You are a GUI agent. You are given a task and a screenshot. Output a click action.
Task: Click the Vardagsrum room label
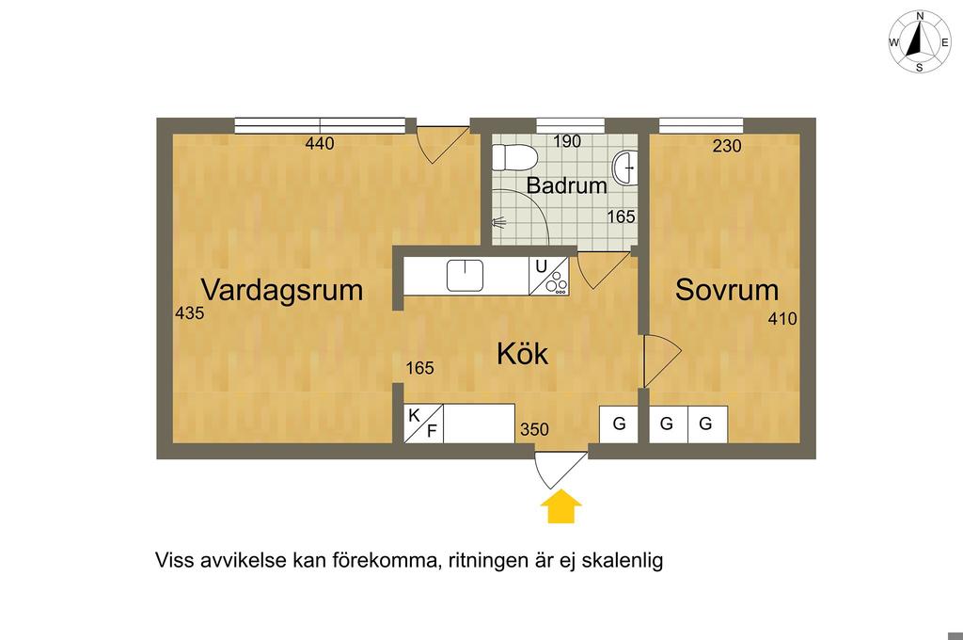pos(282,290)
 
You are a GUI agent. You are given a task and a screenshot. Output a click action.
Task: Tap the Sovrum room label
pos(727,290)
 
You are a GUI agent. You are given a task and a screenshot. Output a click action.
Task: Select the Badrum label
pos(566,185)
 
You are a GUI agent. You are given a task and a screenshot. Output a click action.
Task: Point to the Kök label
pos(522,354)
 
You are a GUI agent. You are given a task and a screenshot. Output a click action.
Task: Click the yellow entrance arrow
pos(560,506)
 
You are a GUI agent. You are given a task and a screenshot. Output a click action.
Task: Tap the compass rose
pos(920,41)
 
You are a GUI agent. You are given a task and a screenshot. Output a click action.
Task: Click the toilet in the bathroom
pos(514,157)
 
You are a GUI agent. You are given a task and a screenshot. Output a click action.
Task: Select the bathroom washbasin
pos(625,167)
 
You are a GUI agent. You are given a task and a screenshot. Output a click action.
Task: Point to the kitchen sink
pos(465,275)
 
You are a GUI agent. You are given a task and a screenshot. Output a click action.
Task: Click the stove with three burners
pos(548,276)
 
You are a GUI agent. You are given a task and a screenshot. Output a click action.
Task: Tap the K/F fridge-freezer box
pos(423,423)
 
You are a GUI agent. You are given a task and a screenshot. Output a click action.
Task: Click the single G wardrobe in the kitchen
pos(619,424)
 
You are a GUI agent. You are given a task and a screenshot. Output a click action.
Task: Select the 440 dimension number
pos(320,144)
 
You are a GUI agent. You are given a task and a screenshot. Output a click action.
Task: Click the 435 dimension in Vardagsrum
pos(189,313)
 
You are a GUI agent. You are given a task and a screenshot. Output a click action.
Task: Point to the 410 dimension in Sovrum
pos(782,319)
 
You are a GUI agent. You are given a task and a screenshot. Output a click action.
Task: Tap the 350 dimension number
pos(534,430)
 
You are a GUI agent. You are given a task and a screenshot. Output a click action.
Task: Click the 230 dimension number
pos(727,146)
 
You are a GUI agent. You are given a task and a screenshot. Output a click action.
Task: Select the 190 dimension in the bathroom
pos(567,141)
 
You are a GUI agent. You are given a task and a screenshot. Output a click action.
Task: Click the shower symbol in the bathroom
pos(498,221)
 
